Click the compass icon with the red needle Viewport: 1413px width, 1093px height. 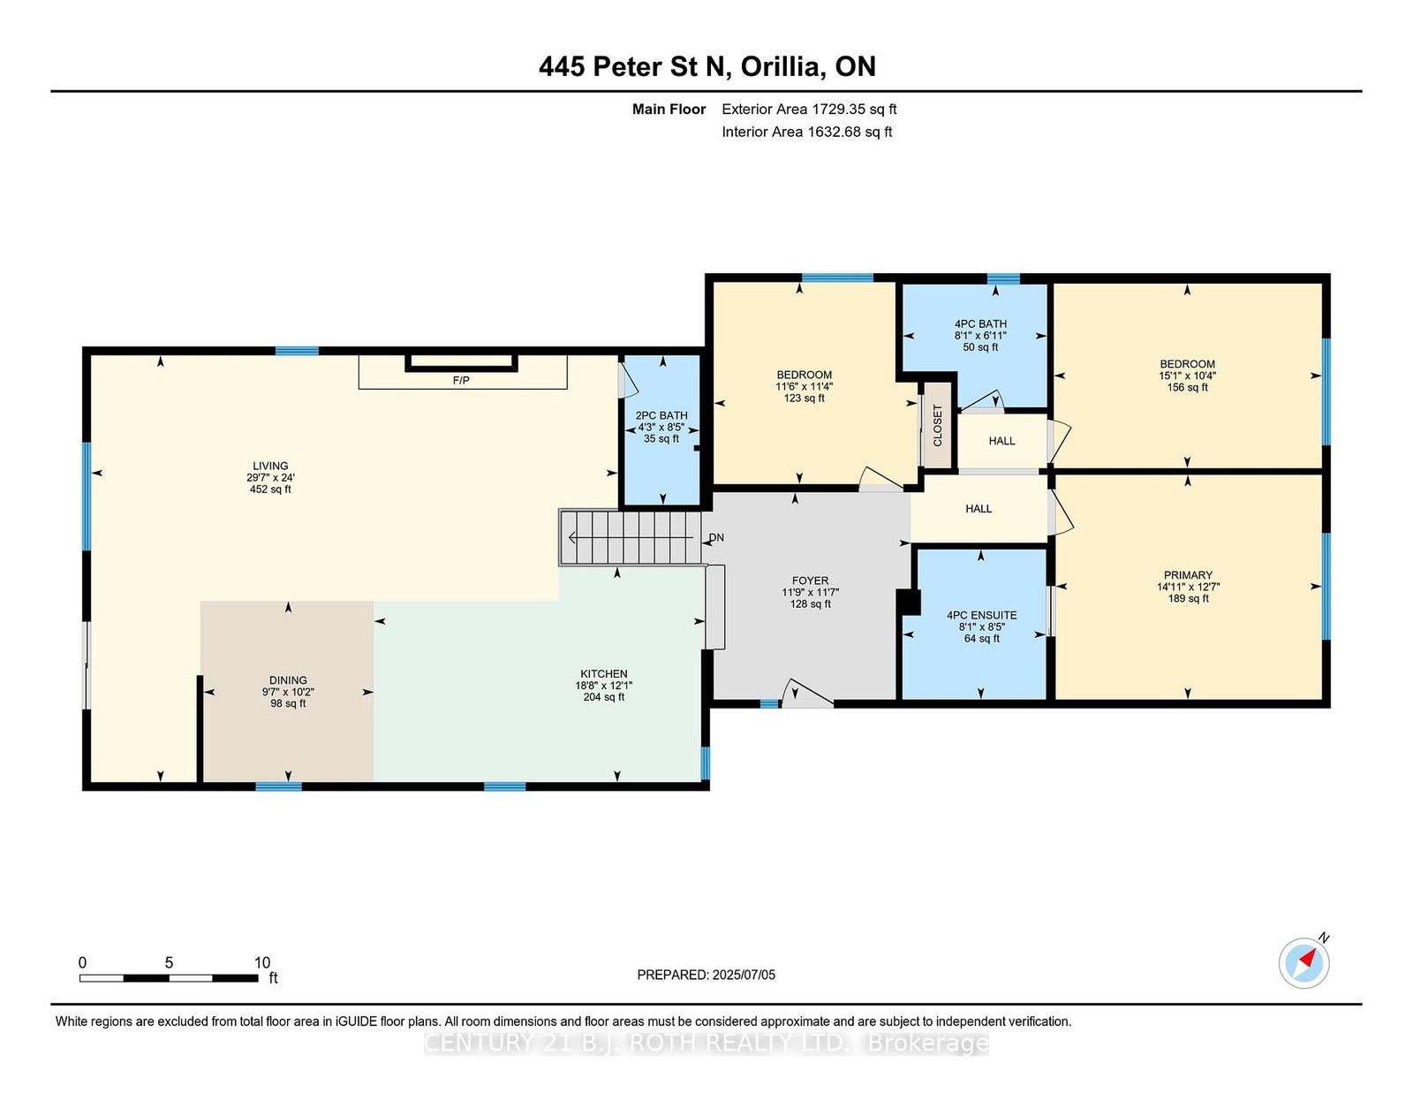[1303, 963]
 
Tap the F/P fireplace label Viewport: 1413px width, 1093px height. [461, 381]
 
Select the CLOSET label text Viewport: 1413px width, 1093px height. [938, 426]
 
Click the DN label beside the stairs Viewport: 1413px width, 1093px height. [716, 537]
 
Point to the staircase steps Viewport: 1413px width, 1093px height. [630, 537]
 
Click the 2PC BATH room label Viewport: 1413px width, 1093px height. [661, 416]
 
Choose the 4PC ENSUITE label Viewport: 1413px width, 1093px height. [981, 615]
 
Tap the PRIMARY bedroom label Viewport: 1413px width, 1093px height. [1188, 575]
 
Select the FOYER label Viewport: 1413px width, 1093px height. [810, 581]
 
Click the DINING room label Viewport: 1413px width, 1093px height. [288, 680]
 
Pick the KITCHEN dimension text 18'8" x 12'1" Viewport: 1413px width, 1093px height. [604, 686]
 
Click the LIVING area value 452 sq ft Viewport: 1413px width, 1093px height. [270, 490]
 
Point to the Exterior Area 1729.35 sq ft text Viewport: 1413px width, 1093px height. [809, 110]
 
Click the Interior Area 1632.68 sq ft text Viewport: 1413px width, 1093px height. [807, 132]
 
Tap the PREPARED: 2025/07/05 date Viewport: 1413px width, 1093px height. [706, 975]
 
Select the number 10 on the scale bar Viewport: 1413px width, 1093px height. [262, 963]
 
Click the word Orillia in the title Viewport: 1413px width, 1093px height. [781, 67]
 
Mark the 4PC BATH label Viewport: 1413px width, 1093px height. [980, 324]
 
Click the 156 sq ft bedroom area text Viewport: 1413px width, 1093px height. [1188, 388]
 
